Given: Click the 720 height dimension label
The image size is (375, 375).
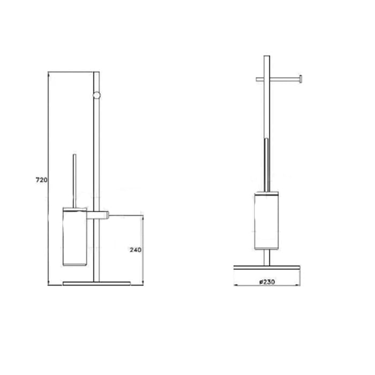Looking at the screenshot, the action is click(x=42, y=180).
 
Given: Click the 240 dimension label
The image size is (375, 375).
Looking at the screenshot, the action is click(x=136, y=250).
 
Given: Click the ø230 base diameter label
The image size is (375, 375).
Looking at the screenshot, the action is click(x=267, y=282).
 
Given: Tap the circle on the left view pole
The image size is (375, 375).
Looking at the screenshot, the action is click(x=96, y=95).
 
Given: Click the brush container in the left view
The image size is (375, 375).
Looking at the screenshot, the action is click(x=74, y=237).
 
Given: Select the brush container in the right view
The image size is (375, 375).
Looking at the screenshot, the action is click(x=267, y=221).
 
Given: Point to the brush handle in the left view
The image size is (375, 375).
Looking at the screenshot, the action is click(x=74, y=181).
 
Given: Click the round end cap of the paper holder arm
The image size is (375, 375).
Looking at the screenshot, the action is click(x=301, y=79).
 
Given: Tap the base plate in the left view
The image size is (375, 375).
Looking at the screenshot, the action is click(x=96, y=283).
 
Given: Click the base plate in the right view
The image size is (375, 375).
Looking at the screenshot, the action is click(x=267, y=267).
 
